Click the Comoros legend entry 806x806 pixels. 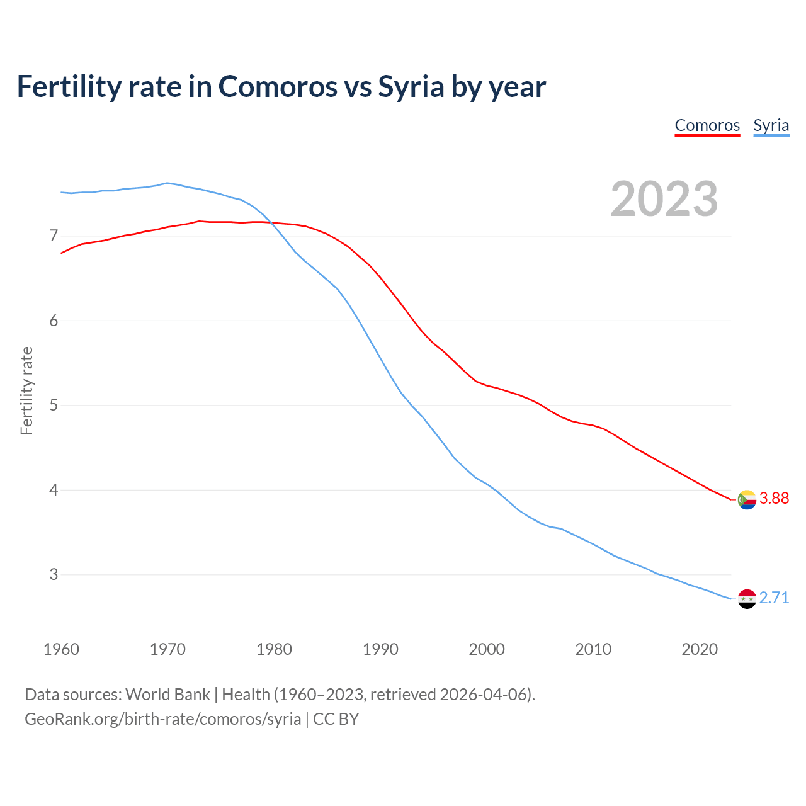[707, 125]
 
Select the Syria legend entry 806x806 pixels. [771, 125]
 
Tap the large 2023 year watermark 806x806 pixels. [664, 199]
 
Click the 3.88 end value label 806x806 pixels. [774, 499]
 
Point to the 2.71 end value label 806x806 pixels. [774, 598]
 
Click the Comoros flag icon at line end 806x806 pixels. [746, 499]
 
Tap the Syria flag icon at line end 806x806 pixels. [746, 598]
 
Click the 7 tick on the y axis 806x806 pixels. [54, 236]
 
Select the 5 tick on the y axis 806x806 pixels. [54, 406]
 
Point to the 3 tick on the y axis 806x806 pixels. [54, 575]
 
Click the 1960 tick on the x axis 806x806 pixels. [61, 649]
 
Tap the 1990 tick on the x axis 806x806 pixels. [380, 649]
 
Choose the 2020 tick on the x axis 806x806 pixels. [700, 649]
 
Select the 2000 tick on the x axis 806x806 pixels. [487, 649]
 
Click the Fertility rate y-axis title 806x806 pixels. [26, 390]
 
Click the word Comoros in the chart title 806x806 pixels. [278, 87]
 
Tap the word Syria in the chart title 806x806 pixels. [411, 87]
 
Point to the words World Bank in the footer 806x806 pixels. [167, 695]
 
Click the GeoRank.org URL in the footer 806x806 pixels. [162, 719]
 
